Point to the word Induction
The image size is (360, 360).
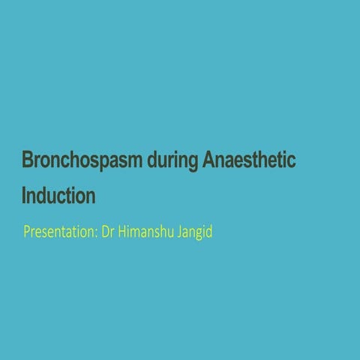[58, 196]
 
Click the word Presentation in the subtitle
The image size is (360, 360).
[60, 232]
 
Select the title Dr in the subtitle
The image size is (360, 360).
[108, 232]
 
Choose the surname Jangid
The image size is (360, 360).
[194, 232]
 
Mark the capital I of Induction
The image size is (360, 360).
[25, 196]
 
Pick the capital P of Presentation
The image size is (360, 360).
[27, 232]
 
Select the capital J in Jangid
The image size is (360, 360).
[178, 232]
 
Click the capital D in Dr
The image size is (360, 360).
[105, 232]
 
